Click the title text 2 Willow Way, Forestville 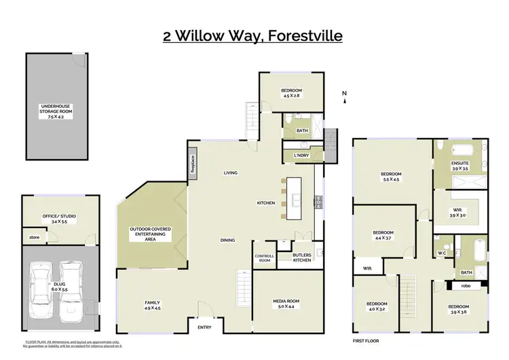coord(252,35)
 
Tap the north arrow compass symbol coord(345,97)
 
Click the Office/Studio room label coord(59,219)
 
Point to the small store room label coord(33,238)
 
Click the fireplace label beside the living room coord(193,165)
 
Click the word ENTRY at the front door coord(204,328)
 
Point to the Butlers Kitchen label coord(302,257)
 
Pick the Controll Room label coord(264,258)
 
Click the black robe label coord(465,287)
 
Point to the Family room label coord(152,305)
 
